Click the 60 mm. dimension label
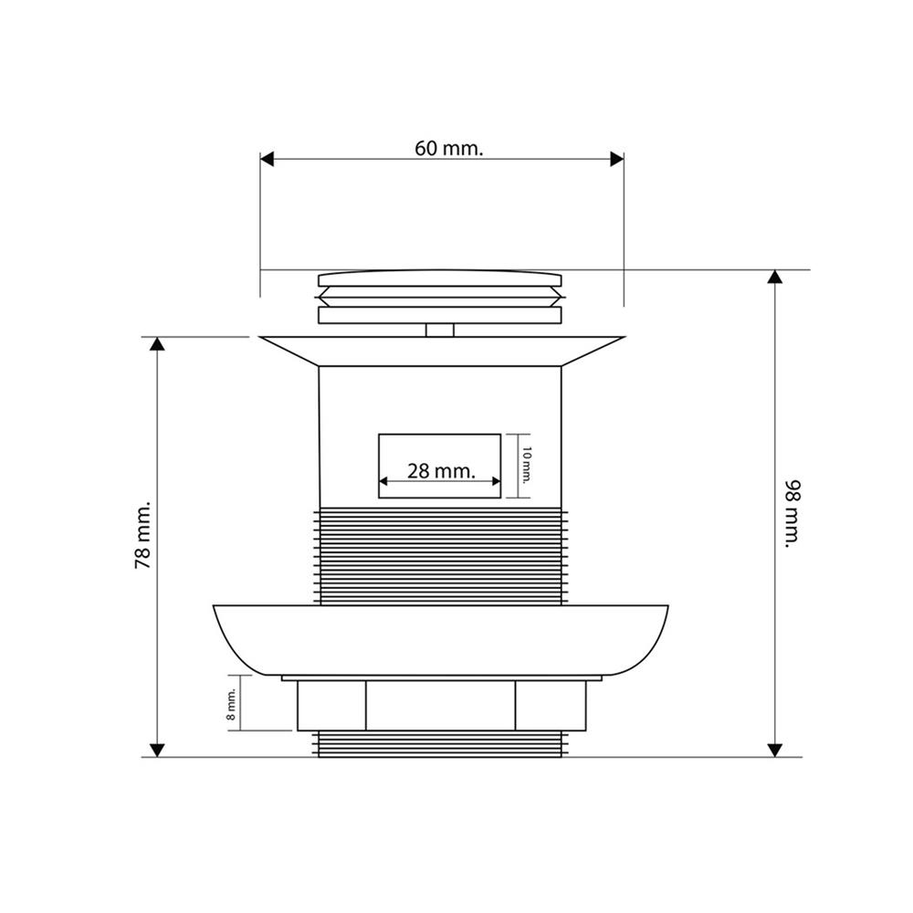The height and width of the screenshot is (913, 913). click(447, 149)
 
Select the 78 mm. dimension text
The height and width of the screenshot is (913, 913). click(142, 535)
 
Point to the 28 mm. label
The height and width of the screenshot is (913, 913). click(441, 471)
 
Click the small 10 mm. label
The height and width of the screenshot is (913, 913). click(526, 466)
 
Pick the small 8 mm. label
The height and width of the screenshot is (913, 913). click(232, 704)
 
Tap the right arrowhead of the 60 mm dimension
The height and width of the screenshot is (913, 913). click(616, 160)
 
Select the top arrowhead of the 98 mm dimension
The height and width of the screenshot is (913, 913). click(774, 278)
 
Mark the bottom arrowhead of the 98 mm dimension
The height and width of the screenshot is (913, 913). click(774, 750)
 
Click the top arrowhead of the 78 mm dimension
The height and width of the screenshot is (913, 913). click(157, 344)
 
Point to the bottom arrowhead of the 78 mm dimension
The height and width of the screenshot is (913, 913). click(157, 750)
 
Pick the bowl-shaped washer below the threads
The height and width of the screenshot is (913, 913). click(440, 639)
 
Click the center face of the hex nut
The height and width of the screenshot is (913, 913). click(440, 705)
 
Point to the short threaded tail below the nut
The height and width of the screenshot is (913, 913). click(440, 743)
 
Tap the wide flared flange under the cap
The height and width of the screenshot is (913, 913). click(440, 351)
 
